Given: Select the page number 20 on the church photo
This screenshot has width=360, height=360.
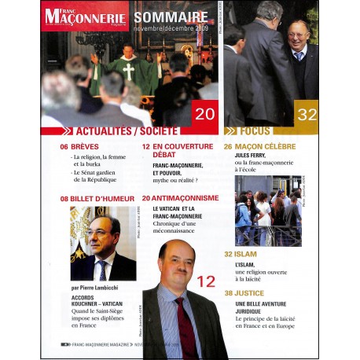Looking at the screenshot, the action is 205,114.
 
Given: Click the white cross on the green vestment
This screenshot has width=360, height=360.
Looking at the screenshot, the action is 128,71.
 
